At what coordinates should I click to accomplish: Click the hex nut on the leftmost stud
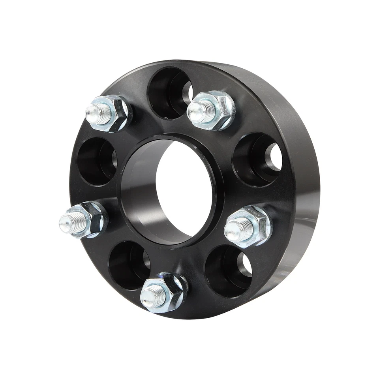(93, 219)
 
